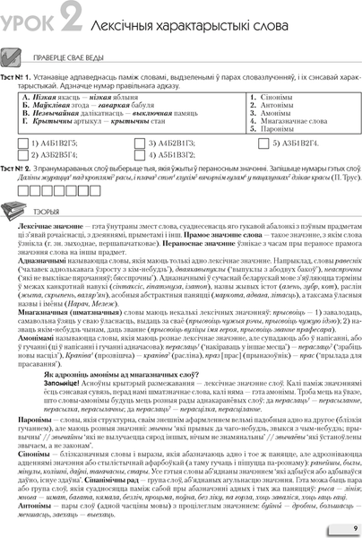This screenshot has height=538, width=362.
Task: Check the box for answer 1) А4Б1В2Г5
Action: (x=21, y=142)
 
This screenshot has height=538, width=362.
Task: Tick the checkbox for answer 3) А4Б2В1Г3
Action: (x=139, y=142)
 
